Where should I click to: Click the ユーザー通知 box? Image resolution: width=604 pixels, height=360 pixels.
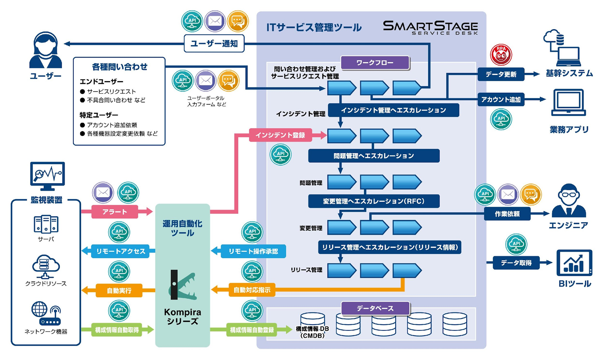coord(214,44)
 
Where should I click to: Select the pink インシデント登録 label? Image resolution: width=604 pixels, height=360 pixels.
coord(280,135)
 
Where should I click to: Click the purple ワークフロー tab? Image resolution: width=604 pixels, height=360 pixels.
coord(375,63)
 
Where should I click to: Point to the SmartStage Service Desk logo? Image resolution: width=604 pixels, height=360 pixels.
coord(430,28)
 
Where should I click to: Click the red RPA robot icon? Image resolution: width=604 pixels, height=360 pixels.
coord(501,55)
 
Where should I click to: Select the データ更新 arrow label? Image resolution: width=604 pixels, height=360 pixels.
coord(501,74)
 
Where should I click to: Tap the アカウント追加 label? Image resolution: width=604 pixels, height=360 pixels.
coord(501,100)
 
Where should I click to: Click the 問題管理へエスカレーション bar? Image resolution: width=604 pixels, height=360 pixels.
coord(374,156)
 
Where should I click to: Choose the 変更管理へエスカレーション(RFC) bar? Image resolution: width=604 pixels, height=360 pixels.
coord(374,201)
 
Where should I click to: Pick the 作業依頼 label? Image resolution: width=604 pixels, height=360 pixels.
coord(507,214)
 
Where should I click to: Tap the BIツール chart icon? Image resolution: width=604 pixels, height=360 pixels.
coord(574,263)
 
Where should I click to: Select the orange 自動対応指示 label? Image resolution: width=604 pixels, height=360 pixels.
coord(252,290)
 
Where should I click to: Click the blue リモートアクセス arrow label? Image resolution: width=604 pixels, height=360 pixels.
coord(121,251)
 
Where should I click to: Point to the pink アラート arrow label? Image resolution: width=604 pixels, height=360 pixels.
coord(115,212)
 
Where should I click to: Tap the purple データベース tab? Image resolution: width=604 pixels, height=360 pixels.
coord(375,308)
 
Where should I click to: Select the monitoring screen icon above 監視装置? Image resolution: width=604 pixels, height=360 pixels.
coord(47,175)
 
